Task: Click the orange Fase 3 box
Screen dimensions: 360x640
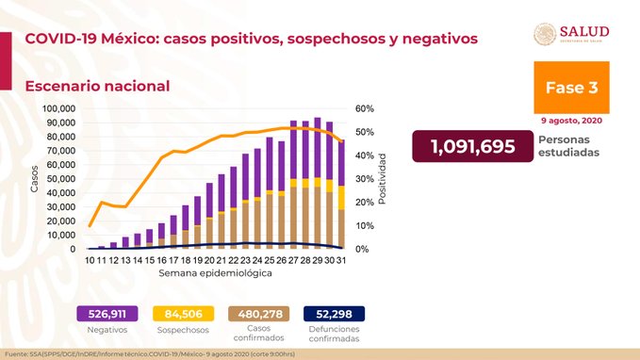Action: [570, 87]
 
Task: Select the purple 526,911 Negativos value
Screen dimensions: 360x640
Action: [107, 314]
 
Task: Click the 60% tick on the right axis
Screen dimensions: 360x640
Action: [366, 108]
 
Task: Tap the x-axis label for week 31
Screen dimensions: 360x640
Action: [339, 259]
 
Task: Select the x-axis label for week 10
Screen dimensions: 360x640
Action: [90, 259]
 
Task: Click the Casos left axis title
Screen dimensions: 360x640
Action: [34, 178]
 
